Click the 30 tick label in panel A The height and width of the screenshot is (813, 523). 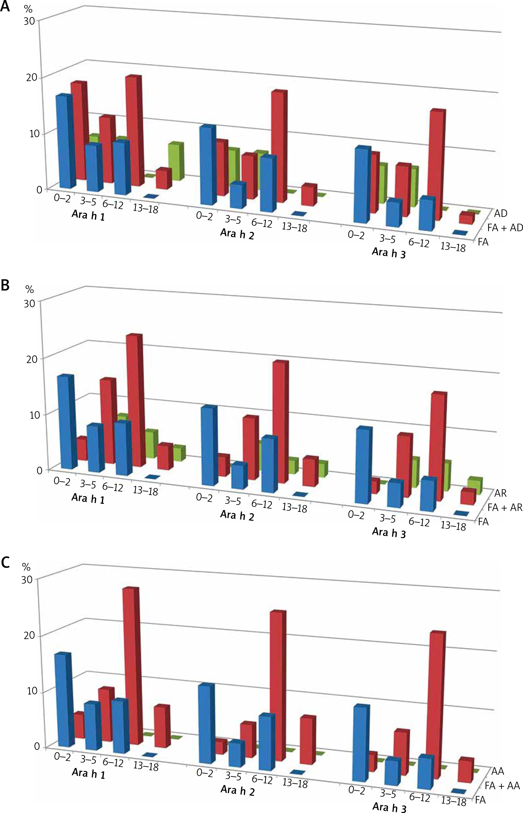[30, 21]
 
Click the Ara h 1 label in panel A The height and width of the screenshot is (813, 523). [88, 215]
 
